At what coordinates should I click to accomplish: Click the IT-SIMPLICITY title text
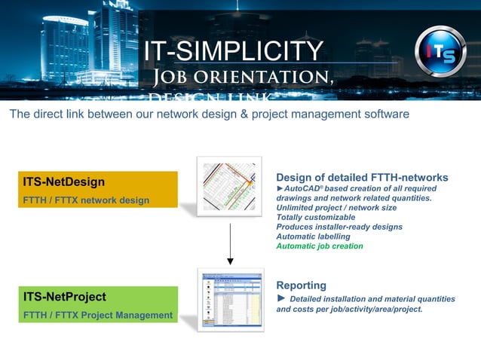[x=234, y=51]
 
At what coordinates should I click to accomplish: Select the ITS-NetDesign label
[x=64, y=182]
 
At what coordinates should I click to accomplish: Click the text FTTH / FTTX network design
[x=86, y=200]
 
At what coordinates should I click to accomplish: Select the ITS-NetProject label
[x=65, y=297]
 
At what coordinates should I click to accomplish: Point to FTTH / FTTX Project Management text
[x=98, y=315]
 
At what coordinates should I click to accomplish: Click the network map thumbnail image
[x=229, y=186]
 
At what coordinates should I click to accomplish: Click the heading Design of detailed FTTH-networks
[x=362, y=178]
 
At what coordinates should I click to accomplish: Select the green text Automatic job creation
[x=320, y=246]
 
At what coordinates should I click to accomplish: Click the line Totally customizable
[x=315, y=217]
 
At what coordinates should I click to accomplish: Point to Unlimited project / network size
[x=336, y=207]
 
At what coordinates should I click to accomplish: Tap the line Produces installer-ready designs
[x=339, y=227]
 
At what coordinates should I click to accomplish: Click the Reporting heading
[x=301, y=285]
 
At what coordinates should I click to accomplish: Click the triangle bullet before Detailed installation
[x=281, y=299]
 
